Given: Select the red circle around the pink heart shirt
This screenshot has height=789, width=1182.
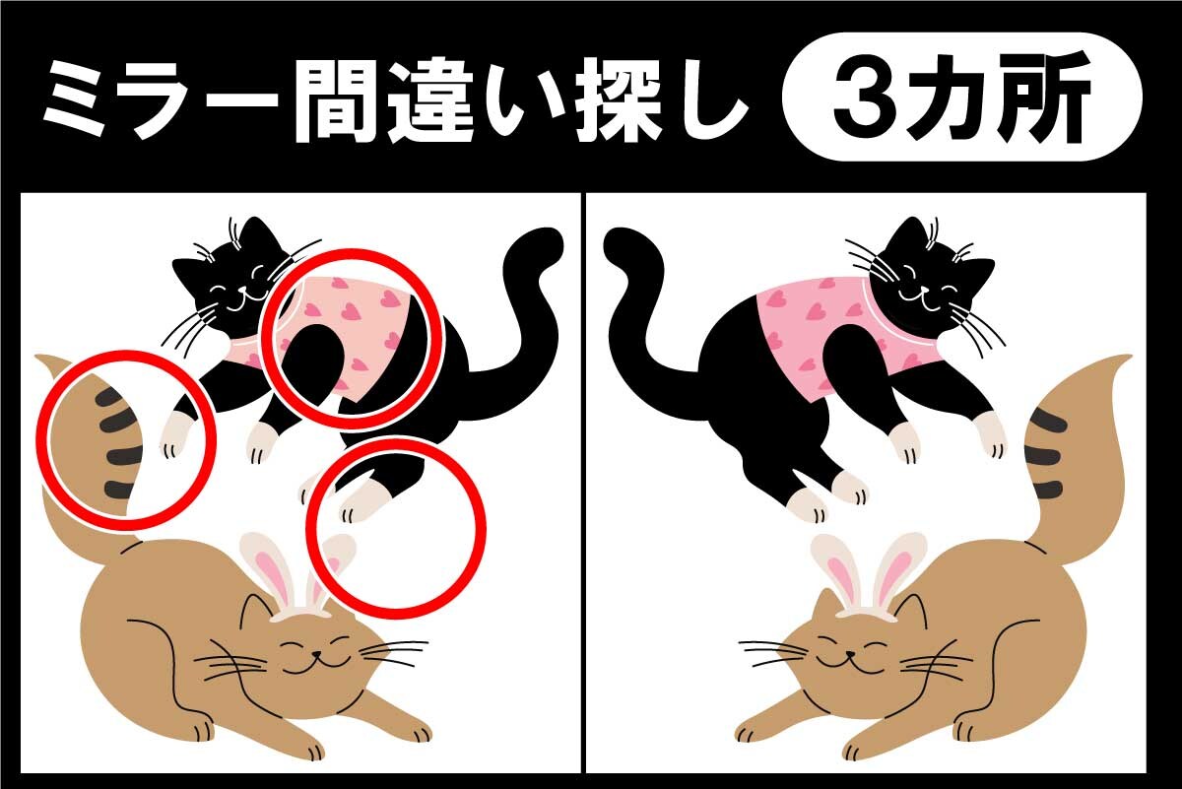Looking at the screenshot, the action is coord(353,339).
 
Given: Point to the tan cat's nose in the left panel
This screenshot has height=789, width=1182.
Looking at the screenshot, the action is coord(315,655).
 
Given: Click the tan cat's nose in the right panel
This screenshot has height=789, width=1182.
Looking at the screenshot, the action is coord(851,655).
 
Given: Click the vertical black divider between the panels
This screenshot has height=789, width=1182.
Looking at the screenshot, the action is coord(583,483).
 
